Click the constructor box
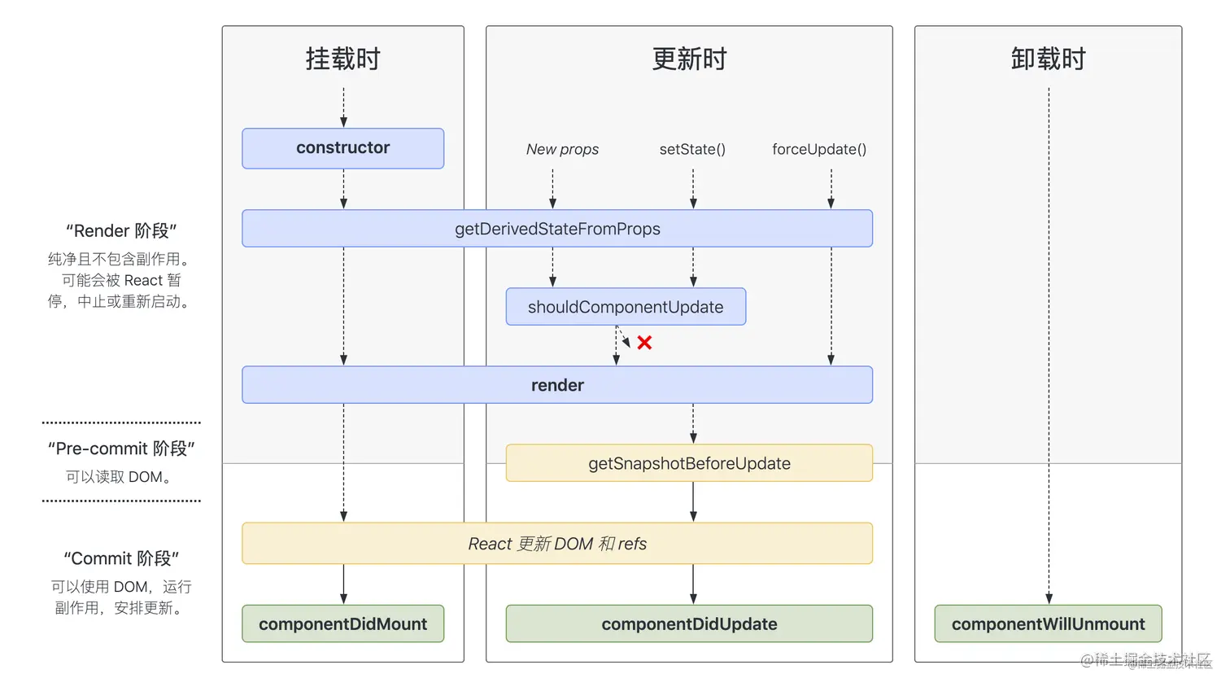click(x=342, y=148)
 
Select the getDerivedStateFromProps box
click(x=557, y=229)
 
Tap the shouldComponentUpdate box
click(x=625, y=307)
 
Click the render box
click(x=557, y=385)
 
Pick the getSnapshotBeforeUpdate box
click(x=689, y=463)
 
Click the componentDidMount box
click(x=342, y=624)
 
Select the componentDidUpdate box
click(x=689, y=624)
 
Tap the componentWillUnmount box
click(x=1048, y=624)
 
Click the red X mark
click(x=644, y=343)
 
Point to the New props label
click(x=562, y=149)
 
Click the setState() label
click(x=692, y=149)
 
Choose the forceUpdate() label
click(x=819, y=149)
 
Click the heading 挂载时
click(x=342, y=59)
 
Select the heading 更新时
click(x=689, y=59)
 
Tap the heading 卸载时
click(x=1048, y=59)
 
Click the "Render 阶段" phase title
click(x=121, y=230)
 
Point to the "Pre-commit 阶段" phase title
click(x=121, y=449)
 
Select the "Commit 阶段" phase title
click(x=121, y=558)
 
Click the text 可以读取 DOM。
click(x=120, y=477)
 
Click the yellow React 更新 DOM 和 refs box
click(x=557, y=544)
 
